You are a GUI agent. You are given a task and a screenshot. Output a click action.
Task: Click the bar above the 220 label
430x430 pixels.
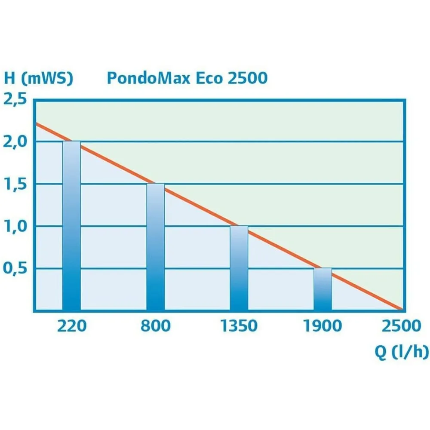71,226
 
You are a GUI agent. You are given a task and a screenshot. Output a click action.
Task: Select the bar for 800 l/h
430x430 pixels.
155,247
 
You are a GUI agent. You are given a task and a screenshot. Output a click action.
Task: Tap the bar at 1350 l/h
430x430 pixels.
239,268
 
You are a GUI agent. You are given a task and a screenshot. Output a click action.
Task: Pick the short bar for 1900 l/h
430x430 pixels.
322,289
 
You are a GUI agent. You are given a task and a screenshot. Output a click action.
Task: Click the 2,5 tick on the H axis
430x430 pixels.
15,99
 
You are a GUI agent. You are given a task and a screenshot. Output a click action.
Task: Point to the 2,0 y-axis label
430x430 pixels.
15,141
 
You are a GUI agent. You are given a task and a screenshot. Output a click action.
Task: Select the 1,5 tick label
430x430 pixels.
15,184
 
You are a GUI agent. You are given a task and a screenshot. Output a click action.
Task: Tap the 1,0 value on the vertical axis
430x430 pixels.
15,226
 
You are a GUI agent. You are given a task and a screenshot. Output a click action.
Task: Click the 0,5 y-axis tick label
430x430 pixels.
15,268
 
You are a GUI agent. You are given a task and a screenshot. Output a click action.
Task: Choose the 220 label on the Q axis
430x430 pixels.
71,326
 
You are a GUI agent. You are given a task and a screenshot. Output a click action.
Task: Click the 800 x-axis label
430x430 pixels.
155,326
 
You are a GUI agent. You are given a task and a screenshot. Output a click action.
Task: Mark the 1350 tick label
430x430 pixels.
239,326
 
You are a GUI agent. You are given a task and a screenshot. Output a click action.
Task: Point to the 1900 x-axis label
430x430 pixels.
322,326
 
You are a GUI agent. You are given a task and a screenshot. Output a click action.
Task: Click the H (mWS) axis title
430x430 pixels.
39,78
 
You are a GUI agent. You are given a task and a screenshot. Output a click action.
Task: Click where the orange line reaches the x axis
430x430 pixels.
402,309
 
